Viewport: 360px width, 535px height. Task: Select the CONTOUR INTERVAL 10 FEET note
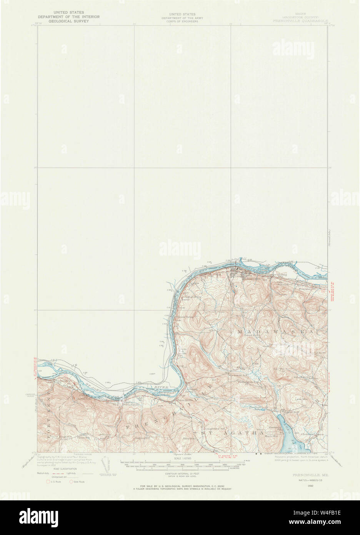[x=180, y=473]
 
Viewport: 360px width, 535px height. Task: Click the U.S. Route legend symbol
[x=48, y=481]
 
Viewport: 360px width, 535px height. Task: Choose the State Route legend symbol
[x=72, y=481]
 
